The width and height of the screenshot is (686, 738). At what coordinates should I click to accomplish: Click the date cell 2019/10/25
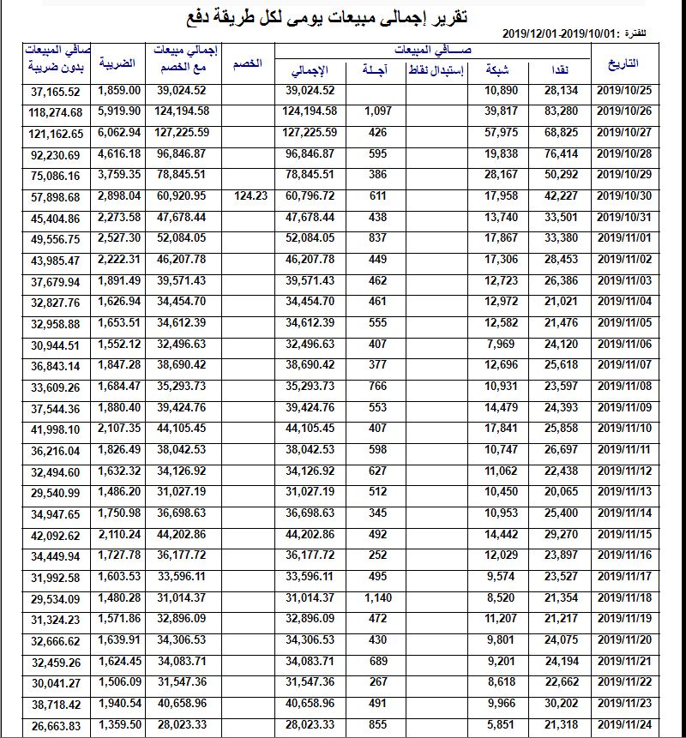coord(624,90)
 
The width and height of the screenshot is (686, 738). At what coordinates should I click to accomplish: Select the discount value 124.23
coord(250,195)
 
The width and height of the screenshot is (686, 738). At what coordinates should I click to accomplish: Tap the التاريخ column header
coord(623,64)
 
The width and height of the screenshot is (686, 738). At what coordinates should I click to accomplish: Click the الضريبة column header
coord(117,64)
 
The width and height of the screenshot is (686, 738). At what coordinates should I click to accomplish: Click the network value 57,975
coord(502,132)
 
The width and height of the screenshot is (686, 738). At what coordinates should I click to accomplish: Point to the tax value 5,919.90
coord(119,111)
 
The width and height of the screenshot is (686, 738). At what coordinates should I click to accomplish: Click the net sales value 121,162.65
coord(55,133)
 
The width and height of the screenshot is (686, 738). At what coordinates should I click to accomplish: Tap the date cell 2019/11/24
coord(624,724)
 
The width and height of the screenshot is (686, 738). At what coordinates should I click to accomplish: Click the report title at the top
coord(344,16)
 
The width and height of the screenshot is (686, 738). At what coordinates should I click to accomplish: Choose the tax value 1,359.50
coord(119,724)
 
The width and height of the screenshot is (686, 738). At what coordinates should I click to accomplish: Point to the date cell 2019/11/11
coord(624,449)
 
